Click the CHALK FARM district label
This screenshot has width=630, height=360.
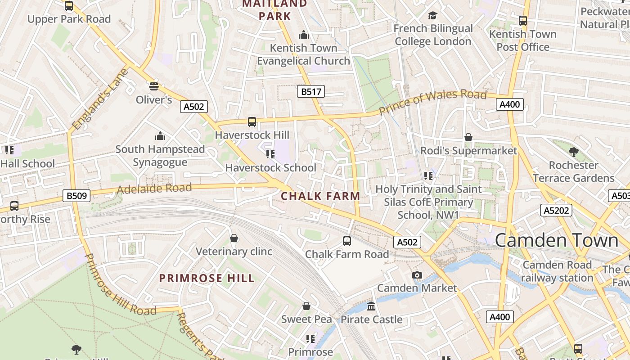point(320,196)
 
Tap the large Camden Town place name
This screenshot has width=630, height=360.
point(557,240)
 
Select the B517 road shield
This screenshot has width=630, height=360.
point(311,92)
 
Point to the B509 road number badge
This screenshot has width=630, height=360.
point(76,196)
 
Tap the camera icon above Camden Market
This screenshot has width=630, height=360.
point(417,275)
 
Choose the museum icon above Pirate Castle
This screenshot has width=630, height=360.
point(371,306)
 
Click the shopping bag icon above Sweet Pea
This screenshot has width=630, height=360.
point(306,306)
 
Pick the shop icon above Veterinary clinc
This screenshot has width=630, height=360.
point(234,238)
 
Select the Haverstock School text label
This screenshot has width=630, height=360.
point(270,168)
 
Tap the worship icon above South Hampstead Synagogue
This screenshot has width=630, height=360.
point(160,136)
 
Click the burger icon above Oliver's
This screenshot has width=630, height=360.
point(154,86)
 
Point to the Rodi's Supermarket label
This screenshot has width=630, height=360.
point(468,151)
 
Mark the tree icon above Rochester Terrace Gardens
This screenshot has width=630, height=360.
point(573,152)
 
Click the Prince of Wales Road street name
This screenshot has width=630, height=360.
point(432,101)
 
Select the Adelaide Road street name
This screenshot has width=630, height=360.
point(154,189)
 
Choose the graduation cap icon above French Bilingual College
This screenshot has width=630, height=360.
point(432,15)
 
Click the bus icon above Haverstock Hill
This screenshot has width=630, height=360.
point(252,121)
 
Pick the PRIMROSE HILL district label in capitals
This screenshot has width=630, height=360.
point(207,278)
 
